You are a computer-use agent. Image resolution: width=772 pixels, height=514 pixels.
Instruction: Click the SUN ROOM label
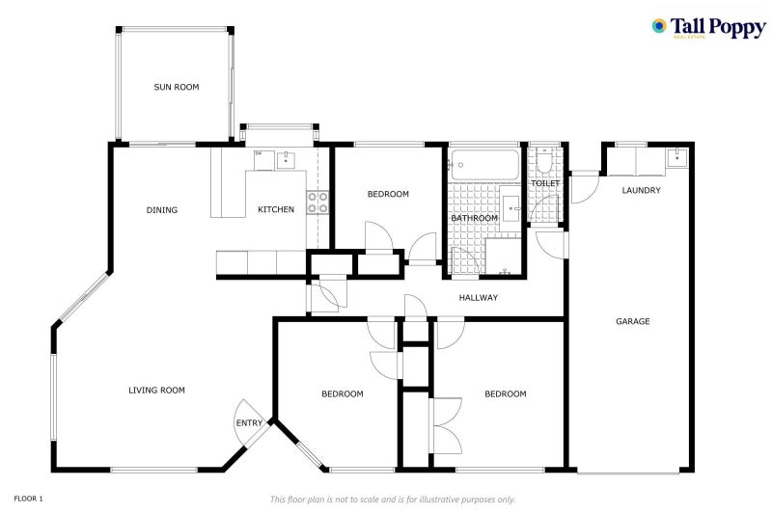tap(176, 88)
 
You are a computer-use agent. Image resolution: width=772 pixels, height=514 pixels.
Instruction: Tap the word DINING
tap(161, 210)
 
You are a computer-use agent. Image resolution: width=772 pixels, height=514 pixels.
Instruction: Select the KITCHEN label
tap(275, 210)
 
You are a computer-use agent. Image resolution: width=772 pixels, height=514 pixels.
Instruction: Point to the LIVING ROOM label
tap(156, 391)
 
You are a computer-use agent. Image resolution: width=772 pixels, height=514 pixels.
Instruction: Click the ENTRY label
tap(248, 423)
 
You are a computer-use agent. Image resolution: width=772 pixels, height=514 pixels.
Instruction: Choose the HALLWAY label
tap(478, 298)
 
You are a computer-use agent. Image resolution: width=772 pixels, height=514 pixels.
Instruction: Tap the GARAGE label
tap(633, 321)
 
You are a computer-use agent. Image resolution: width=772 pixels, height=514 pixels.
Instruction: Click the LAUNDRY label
tap(641, 191)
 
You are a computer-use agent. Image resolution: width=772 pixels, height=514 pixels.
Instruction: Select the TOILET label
tap(545, 183)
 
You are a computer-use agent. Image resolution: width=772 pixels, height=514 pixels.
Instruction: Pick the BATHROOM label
tap(475, 218)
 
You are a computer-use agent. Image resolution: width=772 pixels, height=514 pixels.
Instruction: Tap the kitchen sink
tap(287, 160)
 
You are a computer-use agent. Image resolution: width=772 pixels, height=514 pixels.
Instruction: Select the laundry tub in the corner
tap(677, 156)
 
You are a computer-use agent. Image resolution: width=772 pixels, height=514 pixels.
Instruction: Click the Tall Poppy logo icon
tap(660, 26)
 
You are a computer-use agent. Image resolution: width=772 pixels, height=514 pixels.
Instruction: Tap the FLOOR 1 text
tap(29, 499)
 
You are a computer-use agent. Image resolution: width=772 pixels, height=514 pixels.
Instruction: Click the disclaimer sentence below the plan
tap(393, 500)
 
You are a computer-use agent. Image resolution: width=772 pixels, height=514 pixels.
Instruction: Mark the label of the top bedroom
tap(388, 195)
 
